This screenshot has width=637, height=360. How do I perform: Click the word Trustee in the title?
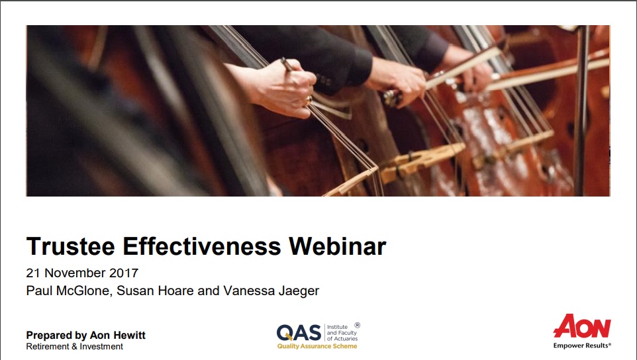(71, 246)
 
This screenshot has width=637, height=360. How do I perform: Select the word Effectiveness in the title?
(202, 246)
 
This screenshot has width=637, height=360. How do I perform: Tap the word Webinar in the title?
(338, 246)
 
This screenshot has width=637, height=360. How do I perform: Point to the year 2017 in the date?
(124, 273)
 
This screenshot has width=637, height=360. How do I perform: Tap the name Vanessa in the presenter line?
(249, 291)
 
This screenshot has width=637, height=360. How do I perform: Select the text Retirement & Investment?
(74, 347)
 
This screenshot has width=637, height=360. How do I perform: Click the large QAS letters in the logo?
(299, 333)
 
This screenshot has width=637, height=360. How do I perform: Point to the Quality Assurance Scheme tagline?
(317, 346)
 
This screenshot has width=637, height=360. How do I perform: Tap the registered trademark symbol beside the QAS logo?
(358, 325)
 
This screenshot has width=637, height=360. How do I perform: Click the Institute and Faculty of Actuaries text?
(342, 333)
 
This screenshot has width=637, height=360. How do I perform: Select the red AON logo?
(582, 326)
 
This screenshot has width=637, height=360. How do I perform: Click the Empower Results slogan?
(582, 346)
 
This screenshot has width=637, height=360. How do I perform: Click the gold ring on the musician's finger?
(309, 100)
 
